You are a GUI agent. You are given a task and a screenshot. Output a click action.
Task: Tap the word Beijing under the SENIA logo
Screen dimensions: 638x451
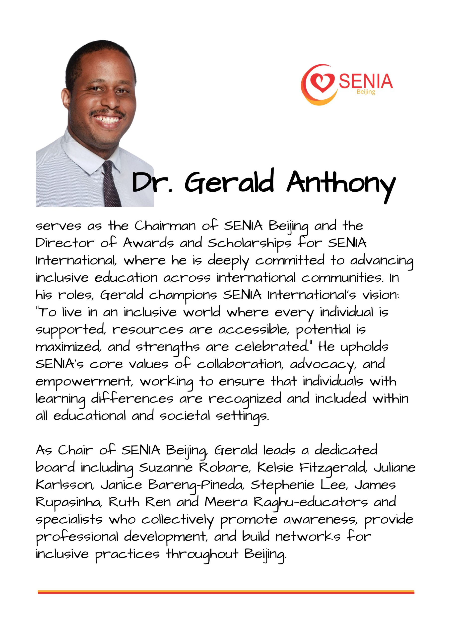pos(366,92)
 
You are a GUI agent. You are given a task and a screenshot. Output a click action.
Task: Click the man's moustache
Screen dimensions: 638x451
pos(107,113)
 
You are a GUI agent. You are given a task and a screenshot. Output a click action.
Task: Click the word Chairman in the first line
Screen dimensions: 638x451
pos(165,226)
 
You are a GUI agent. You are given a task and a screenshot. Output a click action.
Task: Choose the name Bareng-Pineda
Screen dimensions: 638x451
pos(196,485)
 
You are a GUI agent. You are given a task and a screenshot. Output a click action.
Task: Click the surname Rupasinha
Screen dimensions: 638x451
pos(68,503)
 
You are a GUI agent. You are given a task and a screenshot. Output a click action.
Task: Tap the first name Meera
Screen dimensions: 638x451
pos(226,502)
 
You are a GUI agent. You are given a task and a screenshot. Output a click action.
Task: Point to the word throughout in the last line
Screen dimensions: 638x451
pos(202,554)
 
